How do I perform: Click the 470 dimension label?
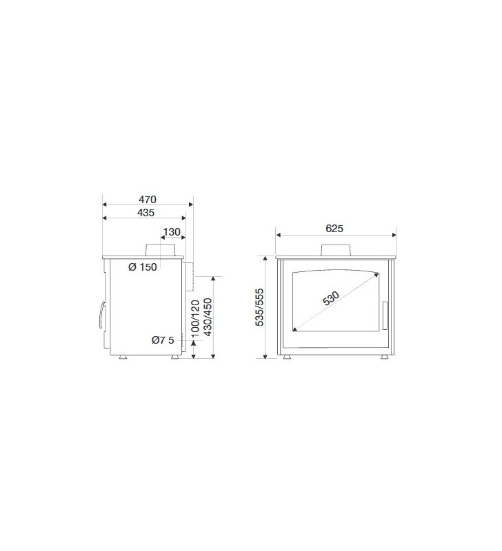coord(147,200)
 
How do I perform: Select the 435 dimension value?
coord(145,213)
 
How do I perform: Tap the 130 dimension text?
coord(172,232)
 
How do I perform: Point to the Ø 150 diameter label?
coord(143,267)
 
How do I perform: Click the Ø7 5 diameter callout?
coord(163,340)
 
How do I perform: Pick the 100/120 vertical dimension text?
coord(195,318)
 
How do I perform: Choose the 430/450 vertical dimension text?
coord(208,318)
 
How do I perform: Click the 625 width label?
coord(334,229)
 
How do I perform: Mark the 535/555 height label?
coord(259,307)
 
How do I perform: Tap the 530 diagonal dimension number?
coord(331,298)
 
